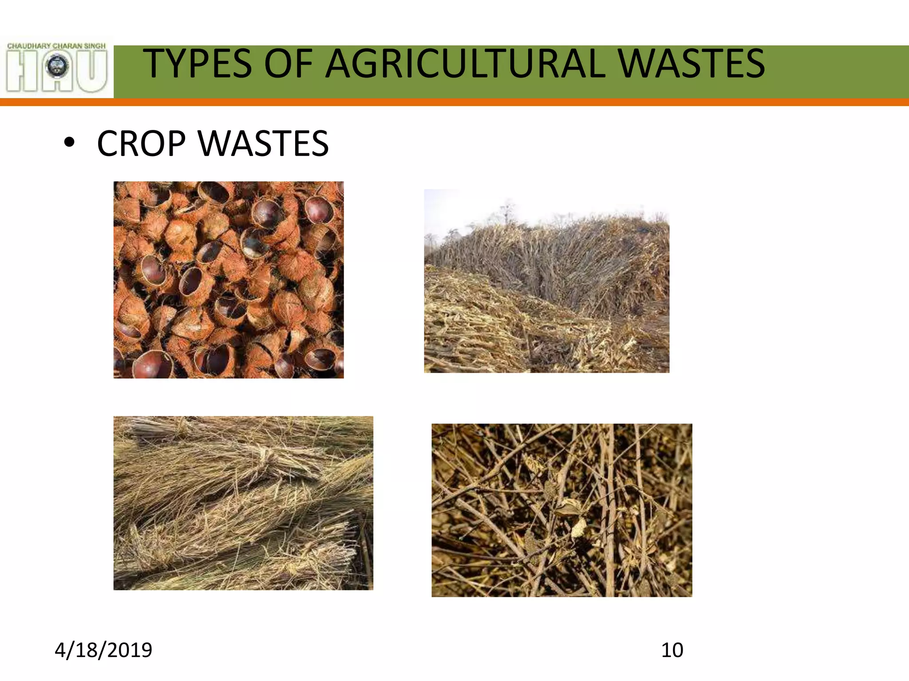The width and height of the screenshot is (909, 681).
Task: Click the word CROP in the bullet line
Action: coord(141,144)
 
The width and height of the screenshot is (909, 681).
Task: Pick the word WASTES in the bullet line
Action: coord(264,144)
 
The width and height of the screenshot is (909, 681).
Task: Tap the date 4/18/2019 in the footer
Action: coord(103,650)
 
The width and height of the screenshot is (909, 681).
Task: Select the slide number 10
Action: coord(672,650)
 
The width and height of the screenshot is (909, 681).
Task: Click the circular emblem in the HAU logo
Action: coord(57,67)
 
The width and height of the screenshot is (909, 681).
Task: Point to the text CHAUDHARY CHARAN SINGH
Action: coord(56,46)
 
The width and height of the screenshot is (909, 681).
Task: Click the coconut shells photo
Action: coord(228,280)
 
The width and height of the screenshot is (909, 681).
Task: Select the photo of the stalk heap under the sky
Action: coord(546,281)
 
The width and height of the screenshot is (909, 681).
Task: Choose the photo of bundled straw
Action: coord(243,503)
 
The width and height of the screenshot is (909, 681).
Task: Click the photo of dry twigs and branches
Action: coord(561,510)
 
